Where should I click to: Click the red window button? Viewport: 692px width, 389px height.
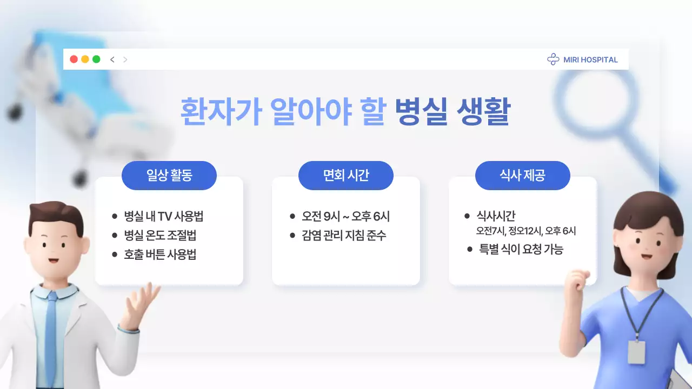[x=74, y=59]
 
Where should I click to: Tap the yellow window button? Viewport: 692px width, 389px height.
[x=85, y=59]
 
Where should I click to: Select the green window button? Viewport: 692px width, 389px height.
[x=96, y=59]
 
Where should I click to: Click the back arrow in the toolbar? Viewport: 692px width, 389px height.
[x=112, y=59]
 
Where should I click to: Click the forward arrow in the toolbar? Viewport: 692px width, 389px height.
[x=125, y=59]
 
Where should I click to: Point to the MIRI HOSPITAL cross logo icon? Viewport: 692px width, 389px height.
[x=553, y=59]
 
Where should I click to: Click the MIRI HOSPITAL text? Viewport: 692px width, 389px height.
[x=590, y=60]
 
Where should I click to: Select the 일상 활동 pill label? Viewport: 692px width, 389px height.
[x=169, y=176]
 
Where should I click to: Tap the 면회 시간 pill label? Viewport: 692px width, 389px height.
[x=346, y=176]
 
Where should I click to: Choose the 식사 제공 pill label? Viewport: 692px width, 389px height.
[x=522, y=176]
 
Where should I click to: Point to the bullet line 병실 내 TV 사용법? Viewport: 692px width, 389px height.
[x=163, y=217]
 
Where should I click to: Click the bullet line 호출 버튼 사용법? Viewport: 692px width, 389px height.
[x=160, y=254]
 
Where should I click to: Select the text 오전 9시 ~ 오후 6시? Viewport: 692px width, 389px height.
[x=346, y=217]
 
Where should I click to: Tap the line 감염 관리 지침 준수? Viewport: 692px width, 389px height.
[x=344, y=236]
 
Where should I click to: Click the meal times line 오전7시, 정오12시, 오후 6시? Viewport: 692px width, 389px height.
[x=525, y=231]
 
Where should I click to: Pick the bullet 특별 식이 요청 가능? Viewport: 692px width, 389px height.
[x=521, y=250]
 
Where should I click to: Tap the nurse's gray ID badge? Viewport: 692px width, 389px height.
[x=636, y=352]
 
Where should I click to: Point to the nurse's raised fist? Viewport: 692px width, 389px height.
[x=576, y=281]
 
